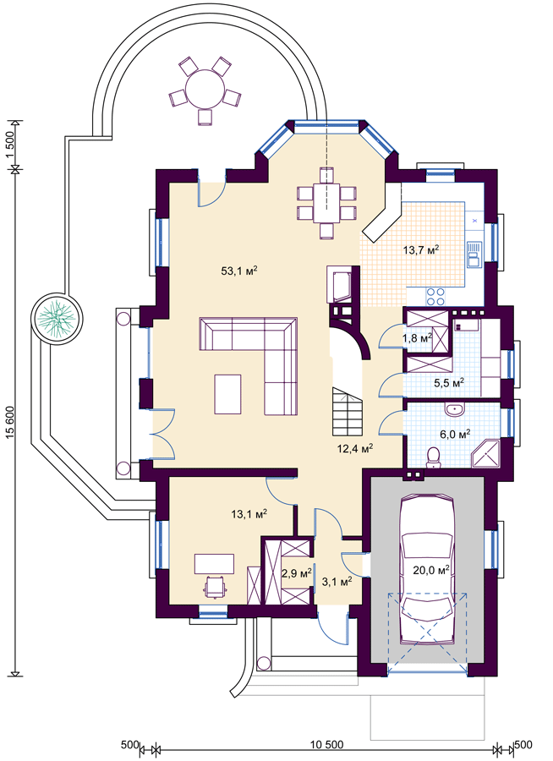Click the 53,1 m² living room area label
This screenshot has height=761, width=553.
(x=239, y=271)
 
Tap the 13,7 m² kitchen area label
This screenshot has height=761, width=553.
(x=421, y=250)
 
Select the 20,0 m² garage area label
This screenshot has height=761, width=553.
(x=431, y=569)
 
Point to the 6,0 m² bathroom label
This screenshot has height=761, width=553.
(x=455, y=434)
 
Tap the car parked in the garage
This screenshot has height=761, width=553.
(x=427, y=569)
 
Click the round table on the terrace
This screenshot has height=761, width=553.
(x=205, y=89)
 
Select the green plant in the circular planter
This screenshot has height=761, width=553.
(x=57, y=319)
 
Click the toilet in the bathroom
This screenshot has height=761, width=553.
(x=433, y=458)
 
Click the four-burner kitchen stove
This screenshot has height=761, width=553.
(x=435, y=297)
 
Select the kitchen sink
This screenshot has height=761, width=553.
(x=474, y=255)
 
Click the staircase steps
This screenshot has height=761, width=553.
(x=348, y=411)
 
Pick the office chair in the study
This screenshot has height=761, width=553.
(x=215, y=586)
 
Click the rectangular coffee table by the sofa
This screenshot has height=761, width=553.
(x=227, y=393)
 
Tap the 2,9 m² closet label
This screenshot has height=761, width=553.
(x=297, y=573)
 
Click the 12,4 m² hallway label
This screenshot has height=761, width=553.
(x=355, y=448)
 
